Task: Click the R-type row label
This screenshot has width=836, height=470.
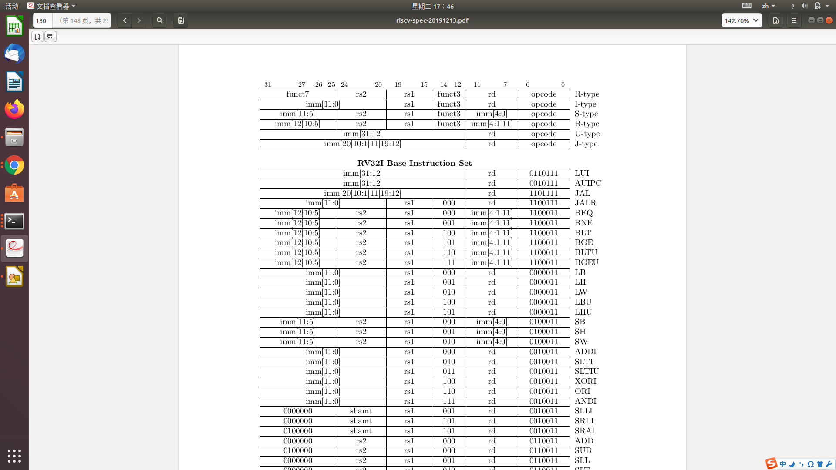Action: point(587,94)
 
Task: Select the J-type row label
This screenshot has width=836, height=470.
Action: point(586,144)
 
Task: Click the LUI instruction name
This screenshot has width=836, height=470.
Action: point(581,174)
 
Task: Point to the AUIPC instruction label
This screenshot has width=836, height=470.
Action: point(588,183)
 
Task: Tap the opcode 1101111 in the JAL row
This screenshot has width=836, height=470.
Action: point(543,193)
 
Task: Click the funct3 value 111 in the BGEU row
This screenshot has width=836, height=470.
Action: point(448,263)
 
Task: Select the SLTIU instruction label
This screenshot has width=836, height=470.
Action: point(587,372)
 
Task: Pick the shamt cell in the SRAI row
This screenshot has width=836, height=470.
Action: point(361,431)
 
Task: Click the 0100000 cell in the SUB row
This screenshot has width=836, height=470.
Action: point(297,451)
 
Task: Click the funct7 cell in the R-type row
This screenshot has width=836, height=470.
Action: point(297,94)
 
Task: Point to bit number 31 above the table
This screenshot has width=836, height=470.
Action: point(267,85)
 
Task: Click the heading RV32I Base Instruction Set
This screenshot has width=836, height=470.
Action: point(414,163)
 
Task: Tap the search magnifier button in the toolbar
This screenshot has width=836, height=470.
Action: point(160,20)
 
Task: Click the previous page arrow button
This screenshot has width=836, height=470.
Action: point(125,20)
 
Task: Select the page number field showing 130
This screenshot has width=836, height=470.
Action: point(42,20)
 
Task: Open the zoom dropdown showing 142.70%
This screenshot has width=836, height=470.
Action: point(742,20)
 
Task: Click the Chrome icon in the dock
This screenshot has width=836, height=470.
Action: point(14,165)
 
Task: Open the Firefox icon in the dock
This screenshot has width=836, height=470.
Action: point(14,109)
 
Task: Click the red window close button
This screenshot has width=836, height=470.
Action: point(829,20)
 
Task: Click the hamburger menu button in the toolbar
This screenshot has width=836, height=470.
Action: point(794,20)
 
